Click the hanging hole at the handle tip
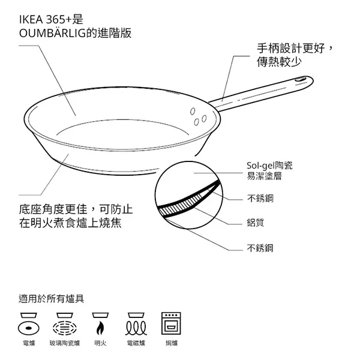click(301, 79)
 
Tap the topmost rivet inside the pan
click(193, 111)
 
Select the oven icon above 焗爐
click(171, 323)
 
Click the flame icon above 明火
click(100, 324)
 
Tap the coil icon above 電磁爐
click(136, 324)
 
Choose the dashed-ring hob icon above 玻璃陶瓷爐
click(65, 324)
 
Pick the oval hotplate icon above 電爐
click(28, 324)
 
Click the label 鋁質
click(256, 223)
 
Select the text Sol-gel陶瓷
click(269, 166)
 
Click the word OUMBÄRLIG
click(52, 32)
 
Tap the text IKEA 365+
click(46, 19)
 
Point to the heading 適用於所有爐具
click(51, 299)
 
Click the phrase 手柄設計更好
click(290, 48)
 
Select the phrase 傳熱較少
click(279, 62)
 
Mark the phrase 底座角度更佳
click(53, 209)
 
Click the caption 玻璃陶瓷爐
click(65, 343)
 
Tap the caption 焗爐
click(172, 343)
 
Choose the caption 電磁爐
click(136, 343)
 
